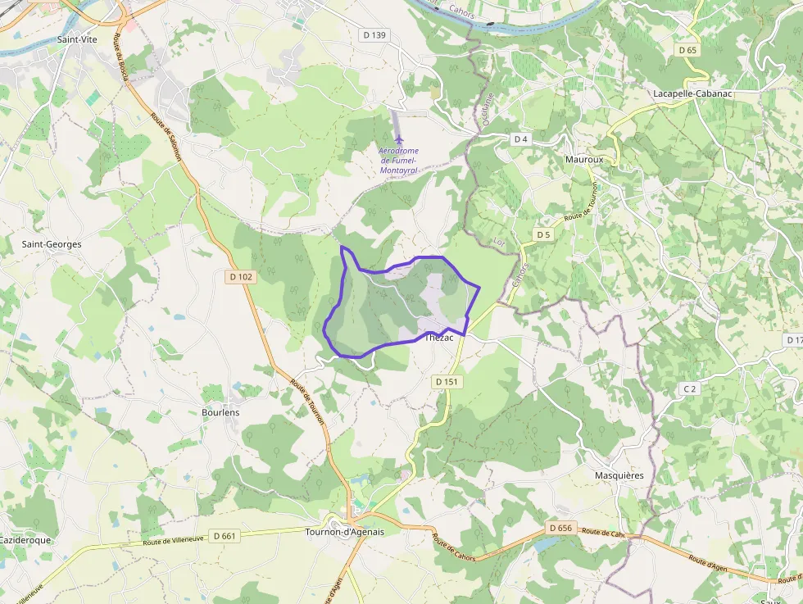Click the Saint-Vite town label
(73, 39)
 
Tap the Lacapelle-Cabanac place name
(692, 93)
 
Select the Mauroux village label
(584, 160)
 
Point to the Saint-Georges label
(52, 244)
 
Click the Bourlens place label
(220, 412)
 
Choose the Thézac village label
(439, 338)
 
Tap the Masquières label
(619, 475)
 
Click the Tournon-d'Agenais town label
(344, 532)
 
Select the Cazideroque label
(25, 541)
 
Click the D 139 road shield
(374, 35)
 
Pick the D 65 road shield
(687, 50)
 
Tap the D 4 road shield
(520, 139)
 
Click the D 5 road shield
(542, 235)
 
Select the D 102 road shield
(241, 277)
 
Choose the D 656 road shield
(560, 528)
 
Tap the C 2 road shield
(690, 388)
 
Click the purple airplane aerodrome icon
(399, 139)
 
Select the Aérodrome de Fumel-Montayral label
(399, 160)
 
